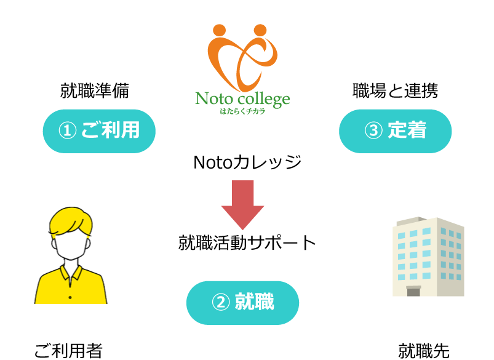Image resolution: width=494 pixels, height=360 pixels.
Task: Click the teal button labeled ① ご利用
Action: click(99, 131)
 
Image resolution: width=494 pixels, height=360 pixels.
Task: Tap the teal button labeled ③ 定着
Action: click(395, 131)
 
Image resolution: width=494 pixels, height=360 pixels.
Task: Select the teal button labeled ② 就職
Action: click(242, 303)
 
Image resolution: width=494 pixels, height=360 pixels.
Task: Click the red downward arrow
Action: click(242, 205)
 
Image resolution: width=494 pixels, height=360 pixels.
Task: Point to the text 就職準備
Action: click(95, 91)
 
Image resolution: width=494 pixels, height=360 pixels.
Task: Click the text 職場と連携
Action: click(395, 91)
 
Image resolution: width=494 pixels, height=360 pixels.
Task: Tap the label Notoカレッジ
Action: click(247, 162)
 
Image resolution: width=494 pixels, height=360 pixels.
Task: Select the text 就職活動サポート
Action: click(247, 242)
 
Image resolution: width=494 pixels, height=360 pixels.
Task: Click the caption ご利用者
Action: click(68, 351)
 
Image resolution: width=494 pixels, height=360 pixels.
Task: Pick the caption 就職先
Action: click(424, 351)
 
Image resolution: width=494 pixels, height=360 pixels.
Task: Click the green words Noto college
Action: click(242, 99)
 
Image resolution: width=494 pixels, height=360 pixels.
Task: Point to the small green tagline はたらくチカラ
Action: click(242, 111)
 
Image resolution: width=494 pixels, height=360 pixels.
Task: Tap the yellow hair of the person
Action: click(71, 221)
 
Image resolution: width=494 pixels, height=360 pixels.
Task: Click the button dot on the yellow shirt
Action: click(70, 297)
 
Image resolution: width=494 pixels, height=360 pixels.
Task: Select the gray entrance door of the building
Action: click(413, 291)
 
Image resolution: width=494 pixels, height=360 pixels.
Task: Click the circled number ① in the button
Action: click(67, 130)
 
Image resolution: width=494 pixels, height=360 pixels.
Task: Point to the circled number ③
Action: click(373, 130)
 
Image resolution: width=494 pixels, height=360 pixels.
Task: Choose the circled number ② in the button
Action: click(220, 302)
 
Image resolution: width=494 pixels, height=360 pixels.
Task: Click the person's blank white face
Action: click(71, 246)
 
